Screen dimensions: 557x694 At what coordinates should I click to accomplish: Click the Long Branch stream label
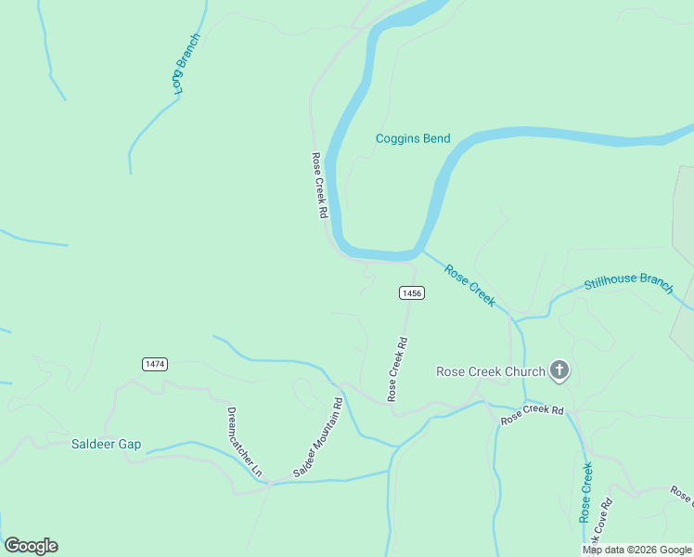[x=186, y=63]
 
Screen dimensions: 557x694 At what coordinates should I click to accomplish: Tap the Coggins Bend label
[x=413, y=139]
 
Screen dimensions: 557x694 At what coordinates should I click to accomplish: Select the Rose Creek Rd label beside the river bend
[x=319, y=185]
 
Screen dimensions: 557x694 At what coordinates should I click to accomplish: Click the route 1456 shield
[x=412, y=293]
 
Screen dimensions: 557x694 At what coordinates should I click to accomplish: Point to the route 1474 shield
[x=155, y=364]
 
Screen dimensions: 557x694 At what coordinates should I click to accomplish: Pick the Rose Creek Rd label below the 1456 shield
[x=397, y=369]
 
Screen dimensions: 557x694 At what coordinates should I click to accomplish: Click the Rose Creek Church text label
[x=491, y=372]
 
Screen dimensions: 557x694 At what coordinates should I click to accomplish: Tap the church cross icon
[x=559, y=372]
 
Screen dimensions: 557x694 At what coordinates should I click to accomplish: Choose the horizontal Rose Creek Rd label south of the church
[x=532, y=414]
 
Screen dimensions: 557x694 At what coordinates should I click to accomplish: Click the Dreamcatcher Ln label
[x=245, y=442]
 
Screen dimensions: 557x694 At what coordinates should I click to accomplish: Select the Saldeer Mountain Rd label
[x=318, y=438]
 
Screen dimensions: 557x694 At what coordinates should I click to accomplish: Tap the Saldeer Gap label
[x=106, y=444]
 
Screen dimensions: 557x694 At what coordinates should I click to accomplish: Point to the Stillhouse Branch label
[x=628, y=284]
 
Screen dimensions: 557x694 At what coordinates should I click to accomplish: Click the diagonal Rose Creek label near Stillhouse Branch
[x=469, y=286]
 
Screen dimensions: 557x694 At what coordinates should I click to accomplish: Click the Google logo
[x=31, y=546]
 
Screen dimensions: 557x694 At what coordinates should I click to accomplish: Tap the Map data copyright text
[x=636, y=550]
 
